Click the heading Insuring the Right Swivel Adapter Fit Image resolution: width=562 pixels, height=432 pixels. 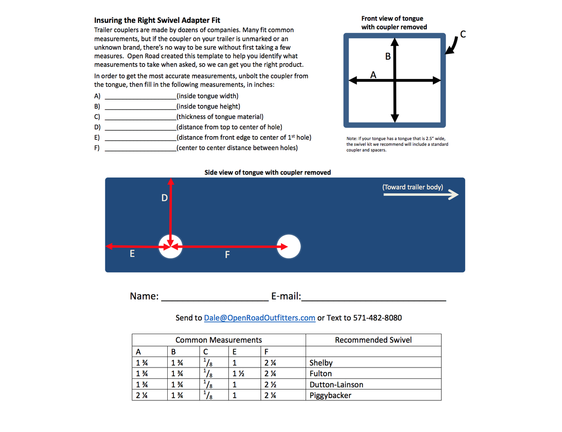point(157,20)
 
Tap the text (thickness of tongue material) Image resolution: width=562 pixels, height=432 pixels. point(220,117)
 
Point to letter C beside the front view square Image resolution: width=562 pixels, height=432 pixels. point(463,34)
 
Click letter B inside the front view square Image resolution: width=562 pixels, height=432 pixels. point(388,56)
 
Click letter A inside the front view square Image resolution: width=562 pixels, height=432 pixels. point(373,75)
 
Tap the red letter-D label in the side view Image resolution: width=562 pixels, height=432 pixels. point(165,198)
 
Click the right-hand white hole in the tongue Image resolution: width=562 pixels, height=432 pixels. point(288,246)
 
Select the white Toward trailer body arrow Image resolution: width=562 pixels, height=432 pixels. point(421,194)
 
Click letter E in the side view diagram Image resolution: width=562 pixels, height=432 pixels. point(132,254)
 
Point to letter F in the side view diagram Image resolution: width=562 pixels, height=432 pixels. point(227,255)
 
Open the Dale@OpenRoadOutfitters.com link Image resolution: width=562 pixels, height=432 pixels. point(259,318)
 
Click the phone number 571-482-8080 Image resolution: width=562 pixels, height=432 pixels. point(377,318)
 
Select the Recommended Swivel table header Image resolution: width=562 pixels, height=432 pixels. point(373,340)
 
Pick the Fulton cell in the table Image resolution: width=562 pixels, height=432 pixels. point(321,374)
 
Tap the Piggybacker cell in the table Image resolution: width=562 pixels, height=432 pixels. point(330,395)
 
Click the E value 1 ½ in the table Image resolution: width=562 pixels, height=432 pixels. point(238,374)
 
